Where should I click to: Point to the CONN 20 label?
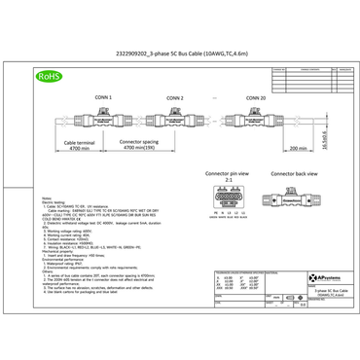(254, 97)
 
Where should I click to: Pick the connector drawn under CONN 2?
(184, 121)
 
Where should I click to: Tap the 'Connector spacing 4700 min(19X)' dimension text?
(143, 147)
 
